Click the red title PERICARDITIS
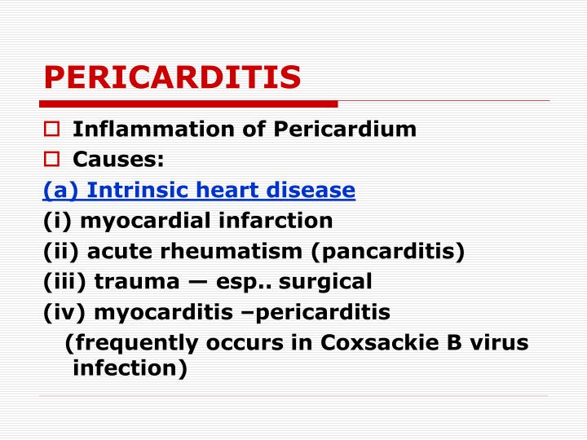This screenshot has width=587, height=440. click(172, 77)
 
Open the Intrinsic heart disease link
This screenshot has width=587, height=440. click(199, 190)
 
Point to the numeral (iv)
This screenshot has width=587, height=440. click(66, 312)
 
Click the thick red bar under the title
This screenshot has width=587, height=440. click(188, 103)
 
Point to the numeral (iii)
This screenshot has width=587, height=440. click(66, 281)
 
